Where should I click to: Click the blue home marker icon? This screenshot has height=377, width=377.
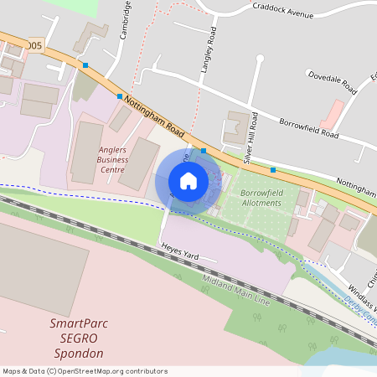click(x=188, y=181)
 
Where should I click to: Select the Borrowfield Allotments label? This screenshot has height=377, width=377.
click(x=262, y=198)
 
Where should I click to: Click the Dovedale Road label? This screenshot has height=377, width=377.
click(x=332, y=80)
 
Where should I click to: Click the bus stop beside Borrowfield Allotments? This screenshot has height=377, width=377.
click(x=273, y=170)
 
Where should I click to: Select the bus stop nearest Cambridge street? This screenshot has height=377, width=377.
click(x=120, y=96)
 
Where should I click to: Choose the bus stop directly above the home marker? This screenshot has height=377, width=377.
click(x=204, y=151)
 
